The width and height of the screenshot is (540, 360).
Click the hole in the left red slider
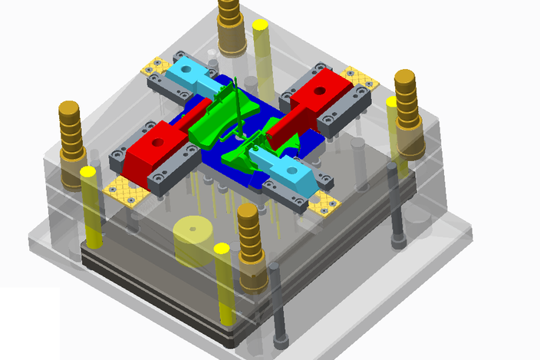158,142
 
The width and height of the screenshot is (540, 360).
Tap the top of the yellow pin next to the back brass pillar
260,26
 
